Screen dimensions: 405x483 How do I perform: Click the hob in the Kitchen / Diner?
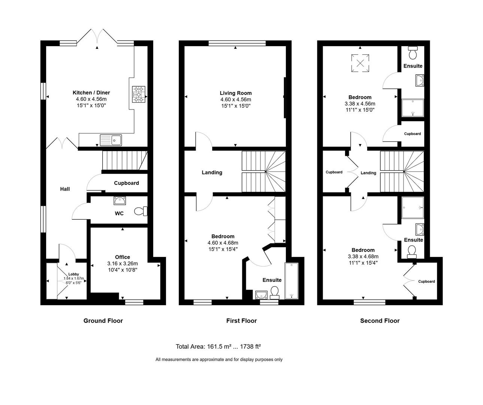tap(138, 94)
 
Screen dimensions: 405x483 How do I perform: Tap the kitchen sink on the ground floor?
tap(111, 140)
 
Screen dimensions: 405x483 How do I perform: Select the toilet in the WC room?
tap(141, 211)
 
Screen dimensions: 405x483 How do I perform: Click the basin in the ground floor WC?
tap(120, 201)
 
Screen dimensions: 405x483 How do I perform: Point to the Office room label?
tap(123, 257)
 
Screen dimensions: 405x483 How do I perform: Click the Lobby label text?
tap(73, 274)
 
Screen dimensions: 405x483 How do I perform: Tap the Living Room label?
tap(236, 93)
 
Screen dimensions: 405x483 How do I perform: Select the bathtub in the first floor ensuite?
tap(291, 281)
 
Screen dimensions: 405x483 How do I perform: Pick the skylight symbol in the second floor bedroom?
tap(360, 63)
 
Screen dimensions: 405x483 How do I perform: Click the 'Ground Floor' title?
tap(103, 321)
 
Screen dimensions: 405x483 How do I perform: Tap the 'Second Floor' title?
tap(380, 321)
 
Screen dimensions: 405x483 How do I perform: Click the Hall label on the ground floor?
tap(65, 189)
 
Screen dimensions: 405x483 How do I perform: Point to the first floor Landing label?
tap(212, 172)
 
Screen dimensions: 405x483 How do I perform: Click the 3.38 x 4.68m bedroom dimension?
tap(363, 256)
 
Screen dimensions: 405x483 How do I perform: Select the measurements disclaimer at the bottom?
tap(219, 359)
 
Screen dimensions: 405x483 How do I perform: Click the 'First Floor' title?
tap(241, 321)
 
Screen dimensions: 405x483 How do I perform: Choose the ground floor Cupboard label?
tap(126, 183)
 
